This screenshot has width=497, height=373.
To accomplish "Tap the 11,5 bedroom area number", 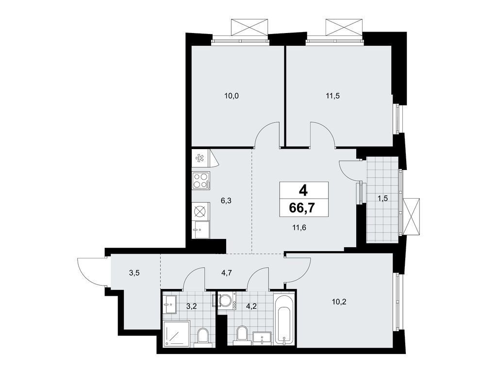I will pyautogui.click(x=332, y=96).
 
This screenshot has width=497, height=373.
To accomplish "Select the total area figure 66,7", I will pyautogui.click(x=302, y=208).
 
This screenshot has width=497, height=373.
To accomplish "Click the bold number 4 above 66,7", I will pyautogui.click(x=303, y=190).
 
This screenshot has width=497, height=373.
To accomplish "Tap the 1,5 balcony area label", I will pyautogui.click(x=383, y=198).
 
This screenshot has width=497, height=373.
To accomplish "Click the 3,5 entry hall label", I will pyautogui.click(x=135, y=273).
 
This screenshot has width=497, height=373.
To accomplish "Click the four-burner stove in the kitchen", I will pyautogui.click(x=201, y=181).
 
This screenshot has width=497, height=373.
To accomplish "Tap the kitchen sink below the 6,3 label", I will pyautogui.click(x=201, y=228).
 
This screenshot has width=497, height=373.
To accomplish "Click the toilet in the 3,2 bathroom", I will pyautogui.click(x=203, y=336).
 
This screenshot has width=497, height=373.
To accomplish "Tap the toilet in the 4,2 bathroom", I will pyautogui.click(x=241, y=335).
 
